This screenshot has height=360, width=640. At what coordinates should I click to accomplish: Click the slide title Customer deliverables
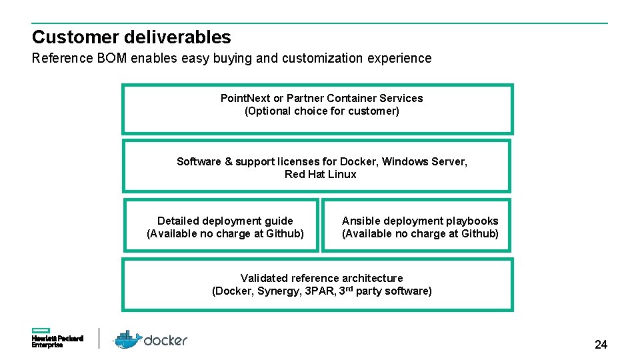click(131, 37)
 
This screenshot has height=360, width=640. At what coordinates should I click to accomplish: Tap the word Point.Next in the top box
click(245, 98)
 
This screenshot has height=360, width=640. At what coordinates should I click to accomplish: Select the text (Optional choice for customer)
click(322, 111)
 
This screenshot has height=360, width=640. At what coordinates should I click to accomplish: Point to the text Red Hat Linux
click(320, 175)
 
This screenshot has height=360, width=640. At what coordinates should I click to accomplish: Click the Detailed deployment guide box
click(221, 225)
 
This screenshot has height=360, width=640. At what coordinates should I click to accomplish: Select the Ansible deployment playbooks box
click(417, 225)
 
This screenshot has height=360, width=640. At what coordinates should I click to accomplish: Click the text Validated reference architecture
click(321, 278)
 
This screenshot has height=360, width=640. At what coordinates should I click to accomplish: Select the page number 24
click(601, 345)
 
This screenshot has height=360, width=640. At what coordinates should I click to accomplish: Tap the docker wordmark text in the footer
click(166, 340)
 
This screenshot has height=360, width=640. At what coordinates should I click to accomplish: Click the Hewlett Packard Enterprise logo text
click(57, 342)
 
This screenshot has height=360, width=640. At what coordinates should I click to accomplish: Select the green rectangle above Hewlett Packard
click(41, 331)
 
